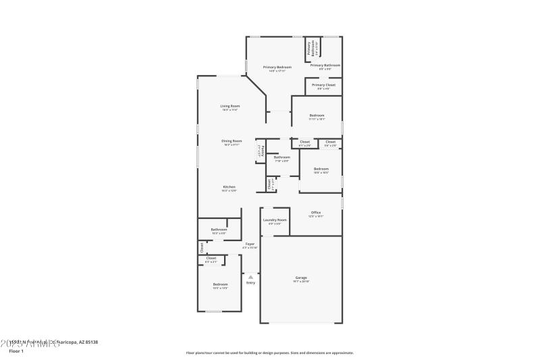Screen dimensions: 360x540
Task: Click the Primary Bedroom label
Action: point(277,68)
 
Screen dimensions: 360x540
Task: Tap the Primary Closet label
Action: point(323,85)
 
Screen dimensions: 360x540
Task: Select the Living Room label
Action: point(230,106)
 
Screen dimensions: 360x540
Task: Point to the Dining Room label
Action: point(232,141)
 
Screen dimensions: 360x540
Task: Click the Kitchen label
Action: point(230,187)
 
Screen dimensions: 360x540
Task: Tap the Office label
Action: point(315,213)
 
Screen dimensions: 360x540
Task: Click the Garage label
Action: point(301,278)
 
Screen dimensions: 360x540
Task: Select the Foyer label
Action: point(250,244)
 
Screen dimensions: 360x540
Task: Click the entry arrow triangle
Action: point(250,276)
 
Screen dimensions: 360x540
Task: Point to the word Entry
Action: point(250,283)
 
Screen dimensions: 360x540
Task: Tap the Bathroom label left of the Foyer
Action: point(219,230)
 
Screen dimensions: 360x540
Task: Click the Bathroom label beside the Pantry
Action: point(281,157)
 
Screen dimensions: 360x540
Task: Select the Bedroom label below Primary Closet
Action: point(317,115)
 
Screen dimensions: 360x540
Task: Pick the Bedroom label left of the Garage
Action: point(220,284)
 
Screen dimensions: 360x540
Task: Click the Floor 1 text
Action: point(16,351)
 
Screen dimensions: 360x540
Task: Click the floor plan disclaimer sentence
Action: point(269,353)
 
